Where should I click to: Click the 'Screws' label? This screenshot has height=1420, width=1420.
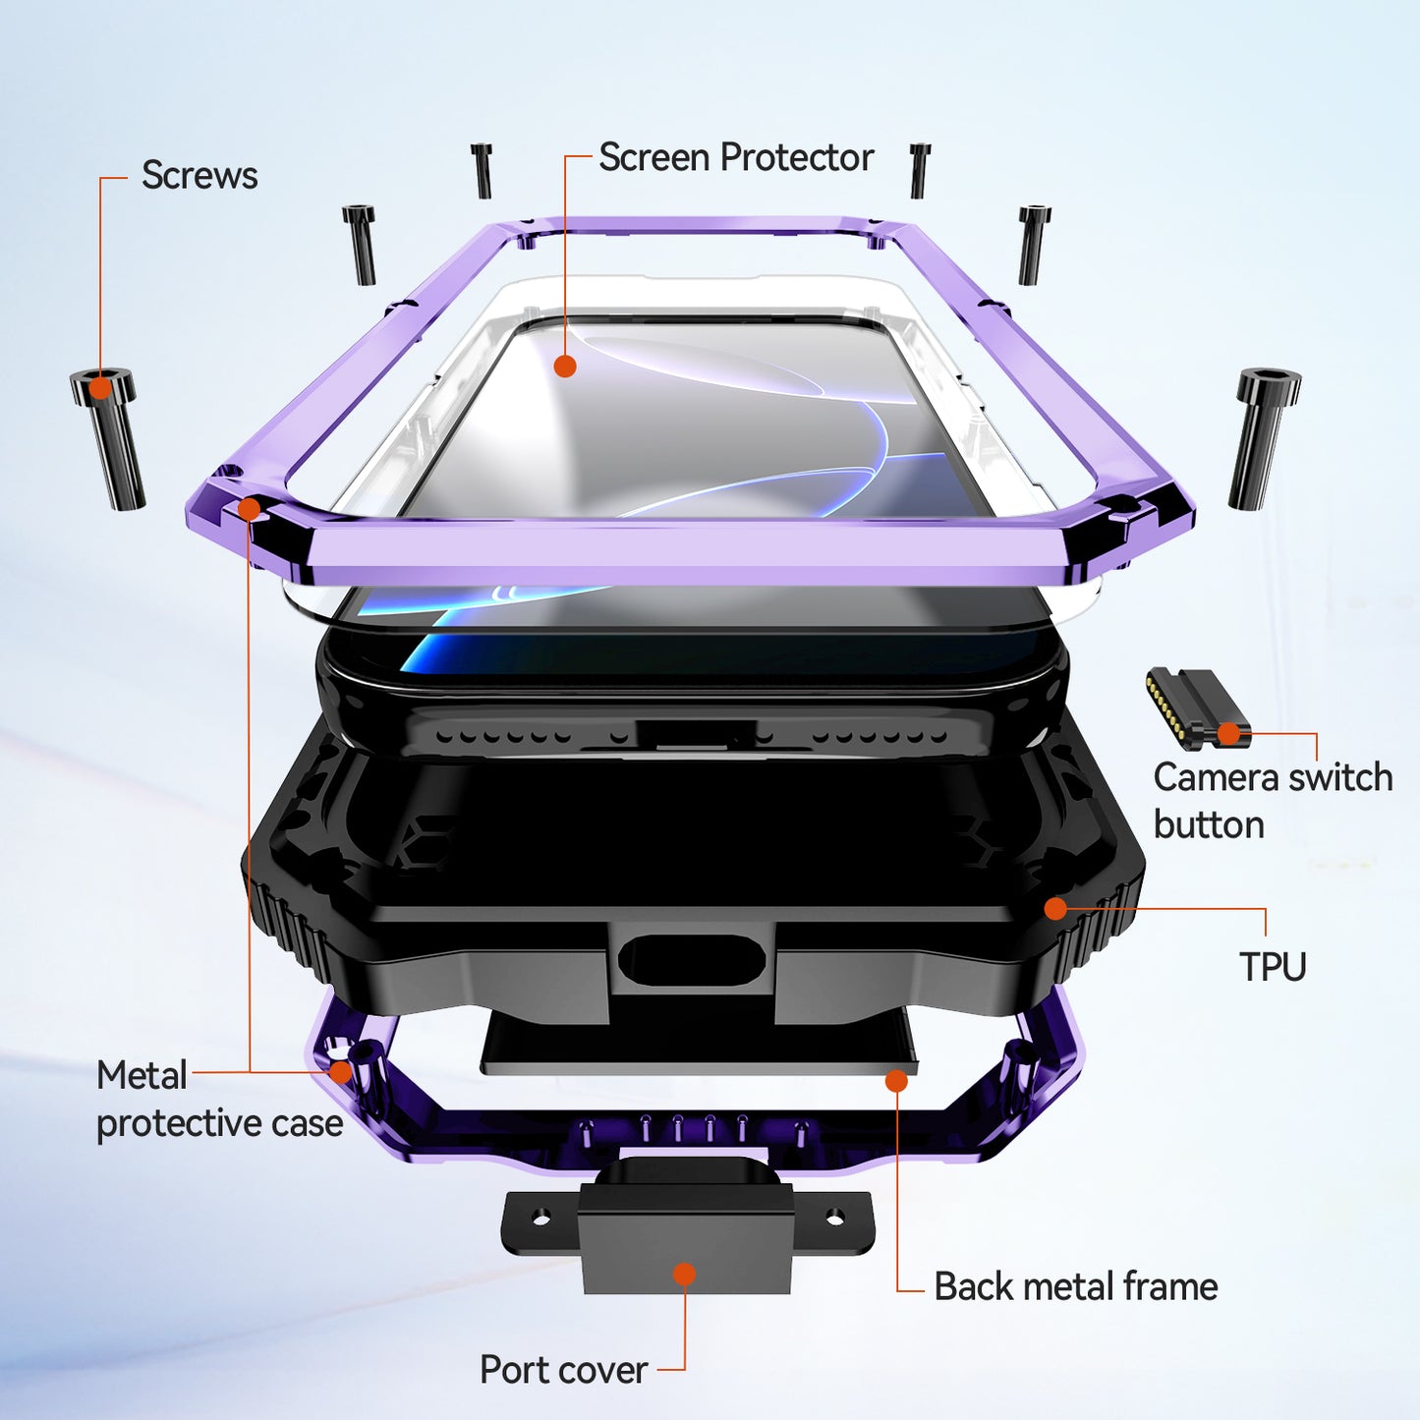(199, 175)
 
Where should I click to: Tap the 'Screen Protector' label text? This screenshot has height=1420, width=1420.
(736, 157)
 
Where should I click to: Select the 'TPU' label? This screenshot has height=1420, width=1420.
(1273, 966)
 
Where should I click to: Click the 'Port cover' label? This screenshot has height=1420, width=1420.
(564, 1370)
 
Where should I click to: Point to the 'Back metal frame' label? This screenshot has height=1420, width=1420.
(1076, 1286)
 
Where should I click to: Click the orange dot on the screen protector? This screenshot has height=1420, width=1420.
(565, 366)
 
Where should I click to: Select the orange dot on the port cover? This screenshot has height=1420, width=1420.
(685, 1274)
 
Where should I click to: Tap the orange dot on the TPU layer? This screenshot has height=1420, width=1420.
(1055, 909)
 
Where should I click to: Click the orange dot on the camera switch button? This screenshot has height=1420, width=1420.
(1228, 733)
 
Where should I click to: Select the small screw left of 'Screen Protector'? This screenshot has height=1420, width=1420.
(482, 170)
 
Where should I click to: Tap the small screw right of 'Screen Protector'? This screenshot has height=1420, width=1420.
(919, 170)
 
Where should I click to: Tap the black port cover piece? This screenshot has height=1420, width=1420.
(687, 1224)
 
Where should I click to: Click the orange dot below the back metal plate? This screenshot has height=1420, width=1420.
(896, 1081)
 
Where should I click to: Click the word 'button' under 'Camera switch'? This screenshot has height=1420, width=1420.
(1209, 824)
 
